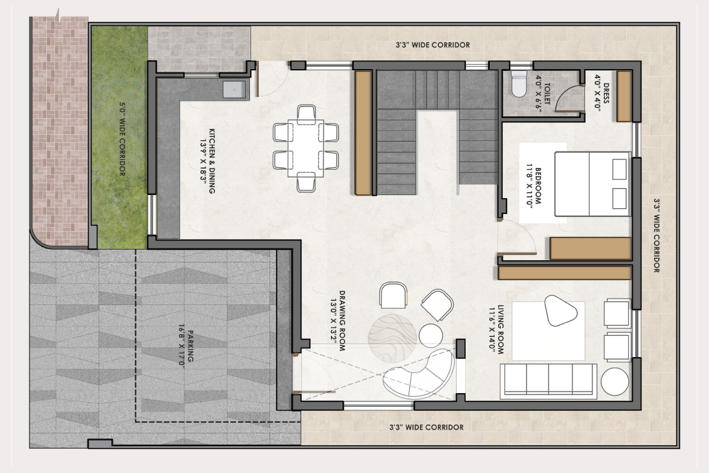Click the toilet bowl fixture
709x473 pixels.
[x=519, y=83]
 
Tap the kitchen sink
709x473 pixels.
[x=234, y=89]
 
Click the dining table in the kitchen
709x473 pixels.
[x=306, y=148]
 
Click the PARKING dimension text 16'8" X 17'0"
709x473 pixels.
[x=181, y=346]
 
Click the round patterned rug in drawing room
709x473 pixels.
[x=392, y=338]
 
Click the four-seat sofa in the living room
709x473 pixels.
[x=548, y=381]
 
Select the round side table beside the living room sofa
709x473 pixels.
[x=614, y=381]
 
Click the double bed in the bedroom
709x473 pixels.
[x=593, y=184]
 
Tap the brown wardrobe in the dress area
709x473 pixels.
[x=624, y=96]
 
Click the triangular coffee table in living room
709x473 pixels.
[x=560, y=310]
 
